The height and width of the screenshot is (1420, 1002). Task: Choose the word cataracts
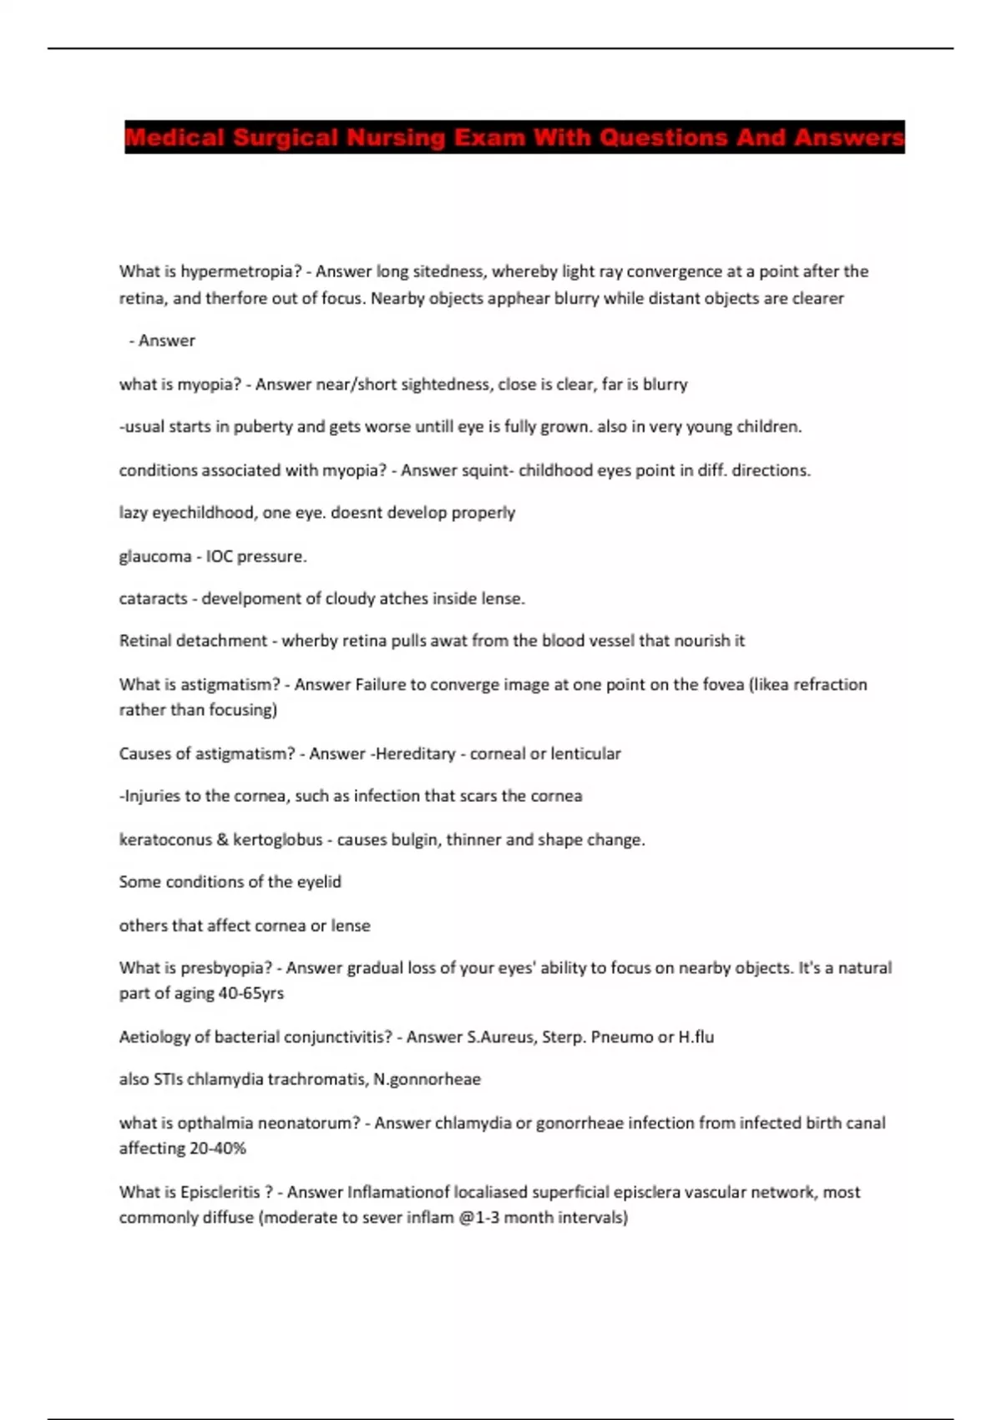(153, 599)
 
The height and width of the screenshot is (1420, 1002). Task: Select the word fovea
(722, 685)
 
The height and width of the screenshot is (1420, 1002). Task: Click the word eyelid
(318, 882)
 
